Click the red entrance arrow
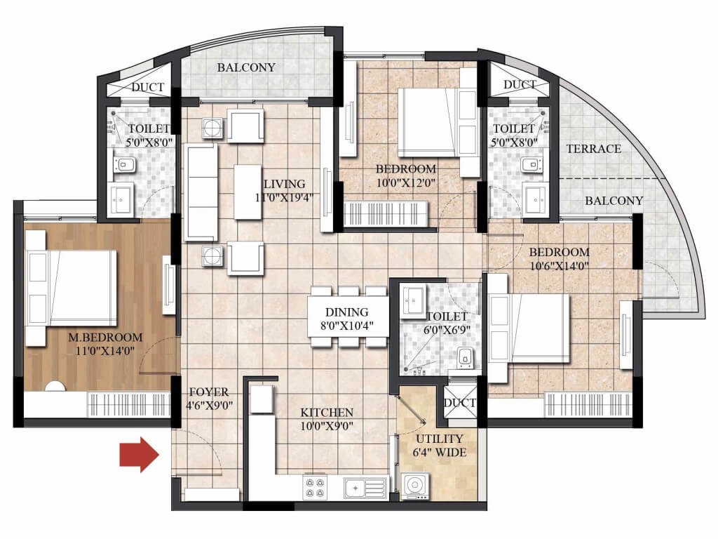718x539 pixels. coord(140,454)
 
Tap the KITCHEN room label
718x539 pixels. coord(327,412)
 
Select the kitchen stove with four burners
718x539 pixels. coord(316,487)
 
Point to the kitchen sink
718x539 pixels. coord(365,488)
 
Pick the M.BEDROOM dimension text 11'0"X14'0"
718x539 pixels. coord(105,351)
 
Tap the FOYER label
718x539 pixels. coord(209,392)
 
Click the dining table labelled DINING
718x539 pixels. coord(348,317)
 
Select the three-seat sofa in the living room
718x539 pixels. coord(201,192)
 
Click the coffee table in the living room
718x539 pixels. coord(248,192)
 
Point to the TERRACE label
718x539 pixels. coord(593,149)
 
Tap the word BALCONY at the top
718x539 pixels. coord(246,67)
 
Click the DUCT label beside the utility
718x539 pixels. coord(460,403)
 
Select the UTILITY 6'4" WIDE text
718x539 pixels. coord(439,446)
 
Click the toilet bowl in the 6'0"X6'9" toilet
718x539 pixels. coord(466,357)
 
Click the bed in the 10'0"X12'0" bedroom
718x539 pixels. coord(438,122)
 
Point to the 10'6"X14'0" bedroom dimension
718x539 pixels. coord(559,266)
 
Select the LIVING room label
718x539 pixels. coord(285,184)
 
